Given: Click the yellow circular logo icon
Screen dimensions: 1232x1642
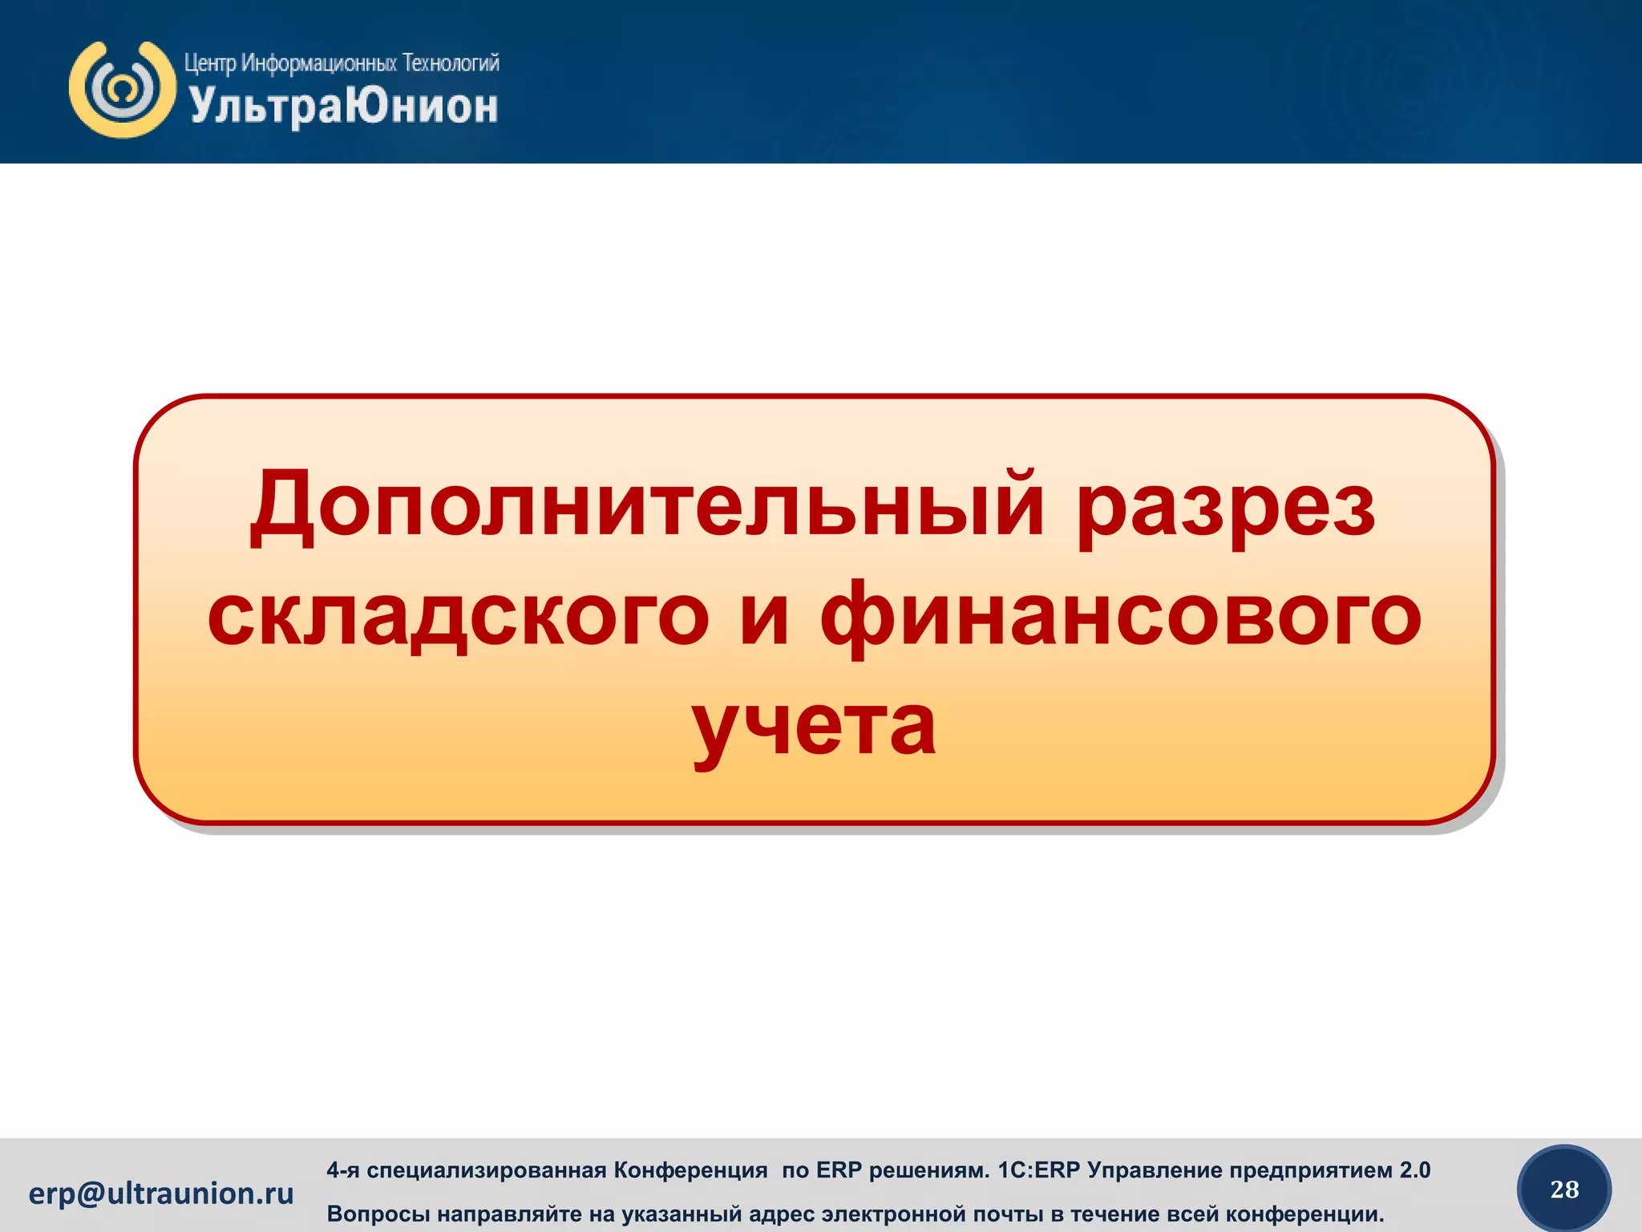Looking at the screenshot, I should [123, 89].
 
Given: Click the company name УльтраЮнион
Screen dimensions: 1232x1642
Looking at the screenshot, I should [343, 107].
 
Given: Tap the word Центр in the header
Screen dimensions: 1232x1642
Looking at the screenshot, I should [209, 63].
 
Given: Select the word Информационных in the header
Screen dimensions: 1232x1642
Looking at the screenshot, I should [319, 63].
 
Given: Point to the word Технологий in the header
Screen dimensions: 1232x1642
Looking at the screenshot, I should [451, 63].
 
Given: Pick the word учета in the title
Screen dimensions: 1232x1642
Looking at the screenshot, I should [814, 726].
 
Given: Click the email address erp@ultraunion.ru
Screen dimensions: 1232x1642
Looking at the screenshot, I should [161, 1193].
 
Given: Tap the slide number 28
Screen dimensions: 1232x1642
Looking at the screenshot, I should [1564, 1189].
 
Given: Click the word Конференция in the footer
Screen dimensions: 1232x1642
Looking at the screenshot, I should [690, 1170].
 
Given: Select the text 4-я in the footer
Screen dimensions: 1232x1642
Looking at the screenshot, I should [342, 1170].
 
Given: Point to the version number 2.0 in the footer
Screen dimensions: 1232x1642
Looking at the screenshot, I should [1415, 1170].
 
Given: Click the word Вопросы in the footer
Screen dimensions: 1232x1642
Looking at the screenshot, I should [375, 1214].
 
